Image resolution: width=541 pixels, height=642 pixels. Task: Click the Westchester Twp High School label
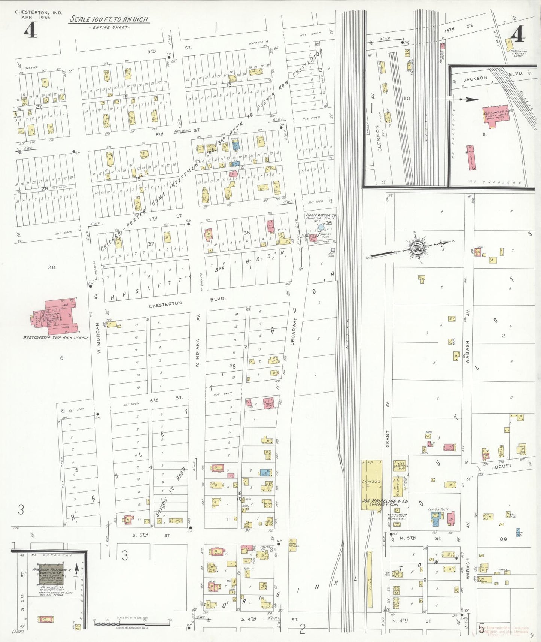click(56, 337)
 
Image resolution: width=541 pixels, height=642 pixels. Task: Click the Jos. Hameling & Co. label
click(385, 501)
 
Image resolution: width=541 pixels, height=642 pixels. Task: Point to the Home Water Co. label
click(321, 215)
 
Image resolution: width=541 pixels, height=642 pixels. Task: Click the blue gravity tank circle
click(321, 227)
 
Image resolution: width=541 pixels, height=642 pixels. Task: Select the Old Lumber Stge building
click(496, 116)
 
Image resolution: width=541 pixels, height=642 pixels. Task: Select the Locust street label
click(501, 466)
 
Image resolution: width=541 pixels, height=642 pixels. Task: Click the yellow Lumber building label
click(371, 482)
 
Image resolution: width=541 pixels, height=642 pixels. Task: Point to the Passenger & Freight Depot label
click(519, 53)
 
